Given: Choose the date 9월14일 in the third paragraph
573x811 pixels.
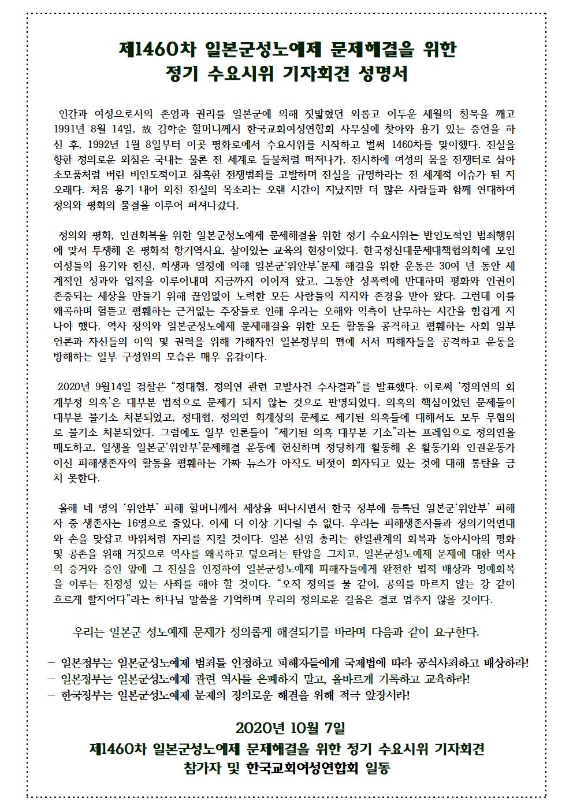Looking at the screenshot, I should coord(122,386).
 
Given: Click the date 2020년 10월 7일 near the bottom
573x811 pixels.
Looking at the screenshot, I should coord(286,726).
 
